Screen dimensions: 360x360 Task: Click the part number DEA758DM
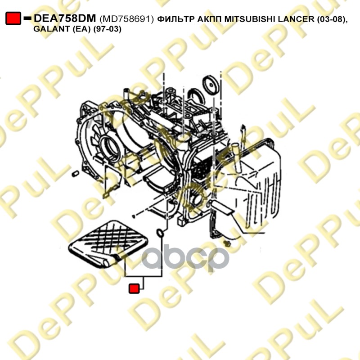click(x=65, y=18)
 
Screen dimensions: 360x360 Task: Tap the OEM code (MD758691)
click(x=126, y=19)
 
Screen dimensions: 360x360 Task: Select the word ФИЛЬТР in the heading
click(x=175, y=19)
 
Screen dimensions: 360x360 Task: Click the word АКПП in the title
click(x=209, y=19)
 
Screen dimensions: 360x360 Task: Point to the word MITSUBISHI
click(x=250, y=19)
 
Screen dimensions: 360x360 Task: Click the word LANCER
click(x=296, y=19)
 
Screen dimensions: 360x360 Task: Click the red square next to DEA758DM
click(x=13, y=18)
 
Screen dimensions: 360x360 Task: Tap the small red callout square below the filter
click(x=134, y=288)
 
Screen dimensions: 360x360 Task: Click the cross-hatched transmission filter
click(x=108, y=244)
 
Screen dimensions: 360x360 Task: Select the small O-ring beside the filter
click(x=160, y=233)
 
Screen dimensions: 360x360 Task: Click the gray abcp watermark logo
click(x=185, y=257)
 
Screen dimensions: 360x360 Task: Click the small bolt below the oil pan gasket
click(x=227, y=244)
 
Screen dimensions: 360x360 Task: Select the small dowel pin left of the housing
click(x=76, y=174)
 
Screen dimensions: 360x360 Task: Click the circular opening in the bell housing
click(x=110, y=149)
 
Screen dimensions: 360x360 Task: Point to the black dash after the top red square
click(x=27, y=18)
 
